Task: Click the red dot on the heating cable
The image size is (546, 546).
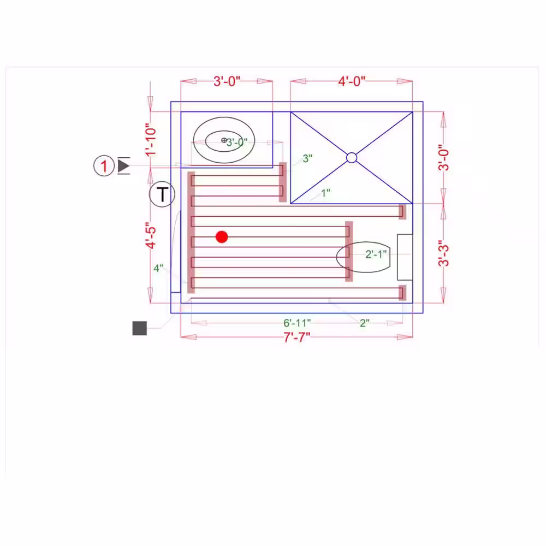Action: [222, 237]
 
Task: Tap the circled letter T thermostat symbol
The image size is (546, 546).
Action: [162, 194]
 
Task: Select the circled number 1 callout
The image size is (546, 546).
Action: [104, 165]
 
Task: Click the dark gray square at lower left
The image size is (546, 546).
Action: [140, 328]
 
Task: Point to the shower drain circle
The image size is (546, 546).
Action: [352, 158]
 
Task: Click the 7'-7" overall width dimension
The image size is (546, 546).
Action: [296, 337]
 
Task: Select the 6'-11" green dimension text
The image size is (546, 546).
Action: [297, 323]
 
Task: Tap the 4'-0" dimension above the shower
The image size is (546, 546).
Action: [352, 81]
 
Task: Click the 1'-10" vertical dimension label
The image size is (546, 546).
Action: [151, 140]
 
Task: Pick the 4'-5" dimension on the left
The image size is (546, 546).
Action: [151, 235]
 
